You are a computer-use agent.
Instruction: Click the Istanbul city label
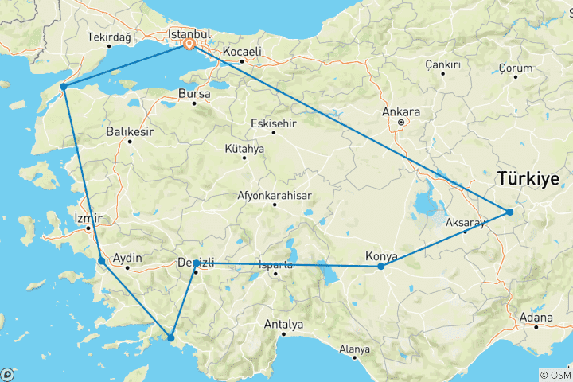[189, 34]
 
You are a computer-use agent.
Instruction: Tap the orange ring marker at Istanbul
[189, 45]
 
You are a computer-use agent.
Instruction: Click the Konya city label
[380, 255]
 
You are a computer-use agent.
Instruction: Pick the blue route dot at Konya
[381, 267]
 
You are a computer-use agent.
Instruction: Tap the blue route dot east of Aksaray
[509, 212]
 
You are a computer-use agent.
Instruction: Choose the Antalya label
[284, 324]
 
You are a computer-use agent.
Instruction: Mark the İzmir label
[88, 217]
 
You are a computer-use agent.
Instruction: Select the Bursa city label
[194, 93]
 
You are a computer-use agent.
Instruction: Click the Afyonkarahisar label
[275, 195]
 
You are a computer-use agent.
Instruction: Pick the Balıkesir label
[129, 132]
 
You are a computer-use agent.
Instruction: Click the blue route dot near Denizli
[196, 263]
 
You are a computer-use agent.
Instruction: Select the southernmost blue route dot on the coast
[170, 338]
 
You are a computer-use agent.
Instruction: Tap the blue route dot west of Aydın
[101, 261]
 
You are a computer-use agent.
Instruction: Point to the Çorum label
[515, 68]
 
